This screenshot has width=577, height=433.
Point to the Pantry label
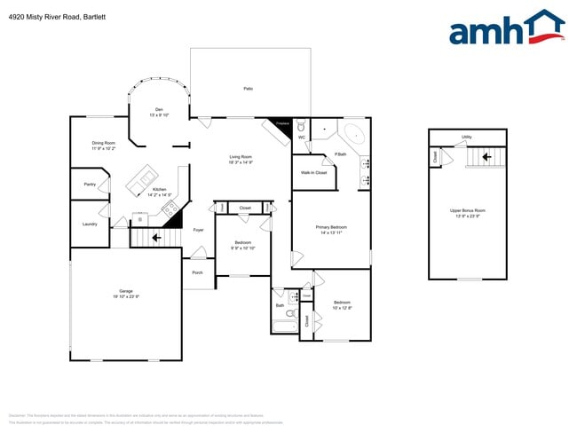coord(90,185)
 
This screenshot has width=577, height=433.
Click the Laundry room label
coord(90,224)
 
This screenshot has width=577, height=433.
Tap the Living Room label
coord(241,157)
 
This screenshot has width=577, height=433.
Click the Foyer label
coord(199,230)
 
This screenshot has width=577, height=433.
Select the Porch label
coord(198,272)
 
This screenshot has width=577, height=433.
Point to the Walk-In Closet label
coord(313,172)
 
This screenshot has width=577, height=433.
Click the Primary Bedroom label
coord(331,227)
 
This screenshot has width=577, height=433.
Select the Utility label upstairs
coord(466,137)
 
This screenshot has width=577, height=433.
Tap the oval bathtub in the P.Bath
coord(353,135)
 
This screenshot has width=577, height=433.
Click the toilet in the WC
coord(301,127)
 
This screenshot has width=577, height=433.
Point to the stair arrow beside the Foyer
coord(157,237)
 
